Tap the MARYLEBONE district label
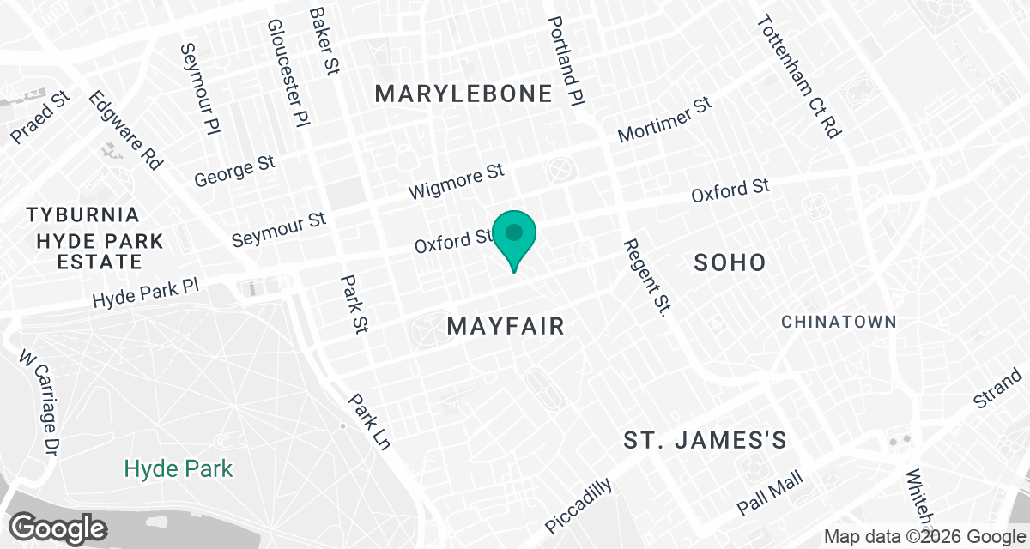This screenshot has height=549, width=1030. click(463, 94)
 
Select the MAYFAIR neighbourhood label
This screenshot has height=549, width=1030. click(506, 326)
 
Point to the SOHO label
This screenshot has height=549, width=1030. click(729, 262)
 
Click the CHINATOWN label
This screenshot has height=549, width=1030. click(839, 322)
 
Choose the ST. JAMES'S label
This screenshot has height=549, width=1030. click(705, 441)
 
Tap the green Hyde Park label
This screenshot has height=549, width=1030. click(179, 468)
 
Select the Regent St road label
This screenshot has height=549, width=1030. click(645, 277)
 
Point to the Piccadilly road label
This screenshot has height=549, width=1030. click(579, 505)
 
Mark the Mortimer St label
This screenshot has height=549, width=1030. click(665, 120)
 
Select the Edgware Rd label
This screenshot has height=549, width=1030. click(125, 131)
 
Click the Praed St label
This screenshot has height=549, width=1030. click(39, 119)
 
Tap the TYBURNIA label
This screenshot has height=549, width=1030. click(82, 214)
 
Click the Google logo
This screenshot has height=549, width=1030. click(58, 526)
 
